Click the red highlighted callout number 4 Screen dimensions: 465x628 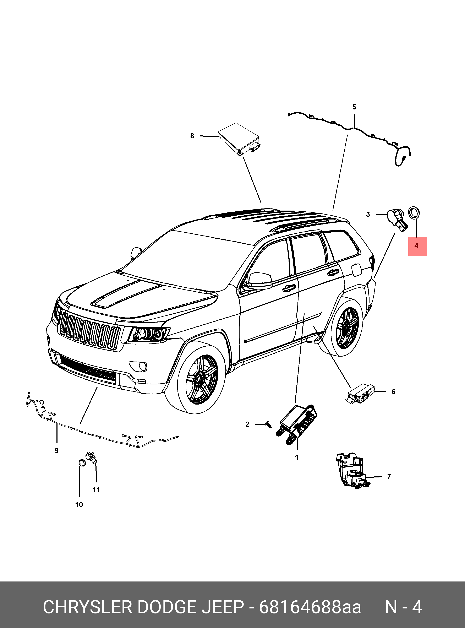(416, 245)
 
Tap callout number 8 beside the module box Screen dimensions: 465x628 (192, 136)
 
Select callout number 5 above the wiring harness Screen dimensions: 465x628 (354, 107)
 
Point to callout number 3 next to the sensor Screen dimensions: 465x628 (368, 214)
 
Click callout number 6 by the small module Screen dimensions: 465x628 (394, 392)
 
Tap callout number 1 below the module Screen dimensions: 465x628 (297, 458)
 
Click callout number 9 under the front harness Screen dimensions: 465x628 (57, 451)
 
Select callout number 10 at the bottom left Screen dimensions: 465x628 (79, 505)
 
